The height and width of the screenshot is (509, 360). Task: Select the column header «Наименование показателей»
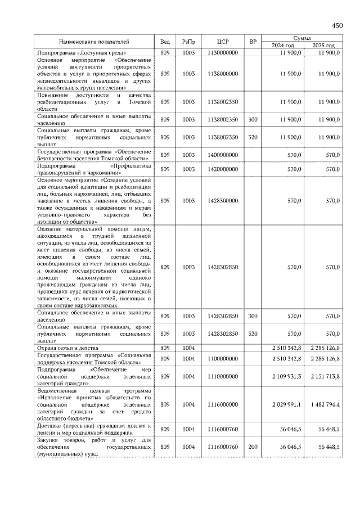(x=94, y=42)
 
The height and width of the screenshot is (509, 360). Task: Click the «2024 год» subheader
(x=283, y=46)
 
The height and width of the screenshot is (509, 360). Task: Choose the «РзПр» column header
(x=188, y=42)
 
